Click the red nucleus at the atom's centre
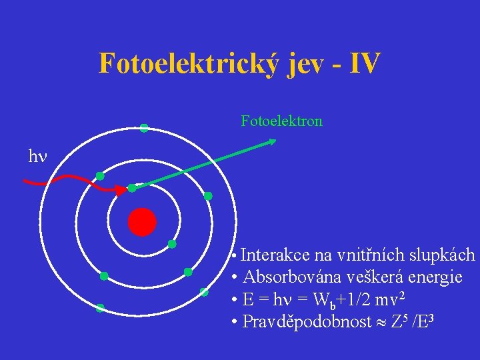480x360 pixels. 142,222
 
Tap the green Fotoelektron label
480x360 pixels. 281,121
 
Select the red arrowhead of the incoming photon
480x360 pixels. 121,191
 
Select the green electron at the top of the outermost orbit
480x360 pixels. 144,128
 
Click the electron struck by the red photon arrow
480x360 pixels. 132,188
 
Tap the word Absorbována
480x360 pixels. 287,277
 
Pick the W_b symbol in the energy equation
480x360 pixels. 317,300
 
